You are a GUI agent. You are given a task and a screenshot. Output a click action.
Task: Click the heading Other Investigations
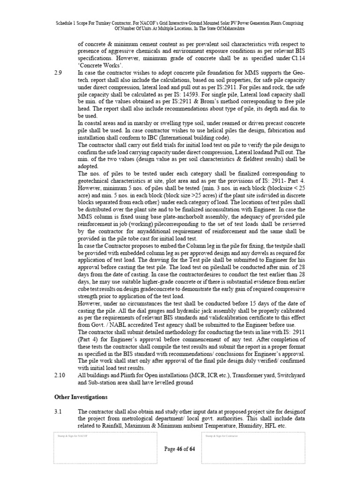[x=81, y=397]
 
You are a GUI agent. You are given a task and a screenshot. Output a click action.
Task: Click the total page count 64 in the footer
[x=192, y=449]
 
